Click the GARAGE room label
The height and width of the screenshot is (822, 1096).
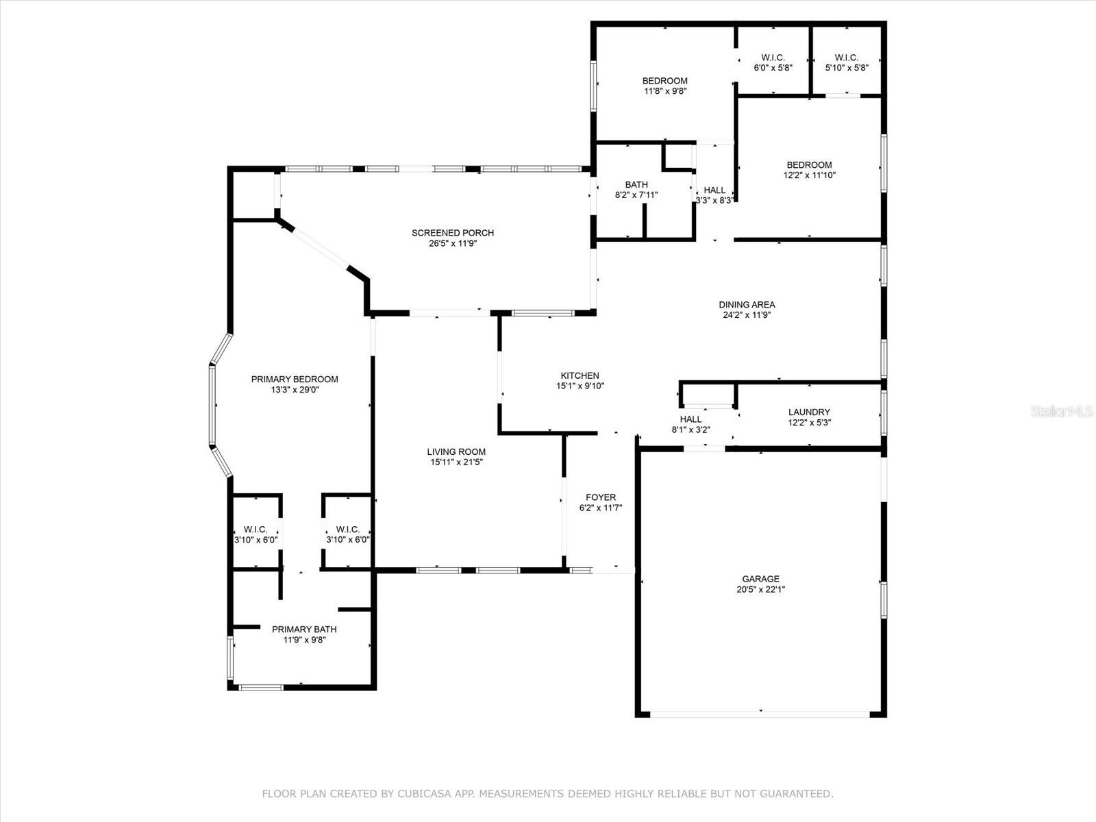760,578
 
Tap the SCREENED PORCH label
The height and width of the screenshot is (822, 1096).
452,233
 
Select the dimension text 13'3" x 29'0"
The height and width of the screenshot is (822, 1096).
295,390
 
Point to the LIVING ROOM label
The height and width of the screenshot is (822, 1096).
456,451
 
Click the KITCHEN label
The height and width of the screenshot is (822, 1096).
580,375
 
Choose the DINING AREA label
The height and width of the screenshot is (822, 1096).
747,304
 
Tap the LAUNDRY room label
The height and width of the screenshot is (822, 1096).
809,412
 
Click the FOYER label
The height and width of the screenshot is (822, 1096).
601,497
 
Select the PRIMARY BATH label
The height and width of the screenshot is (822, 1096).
304,629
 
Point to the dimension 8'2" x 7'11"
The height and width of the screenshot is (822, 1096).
636,195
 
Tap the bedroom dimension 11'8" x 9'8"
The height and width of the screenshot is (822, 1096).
664,91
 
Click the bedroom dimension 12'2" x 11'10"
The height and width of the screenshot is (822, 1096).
809,175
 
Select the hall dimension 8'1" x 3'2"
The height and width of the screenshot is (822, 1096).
690,429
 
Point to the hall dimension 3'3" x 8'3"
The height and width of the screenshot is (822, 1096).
714,201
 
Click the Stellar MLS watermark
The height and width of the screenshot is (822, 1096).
1062,411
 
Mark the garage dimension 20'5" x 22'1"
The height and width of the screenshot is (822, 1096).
760,589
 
